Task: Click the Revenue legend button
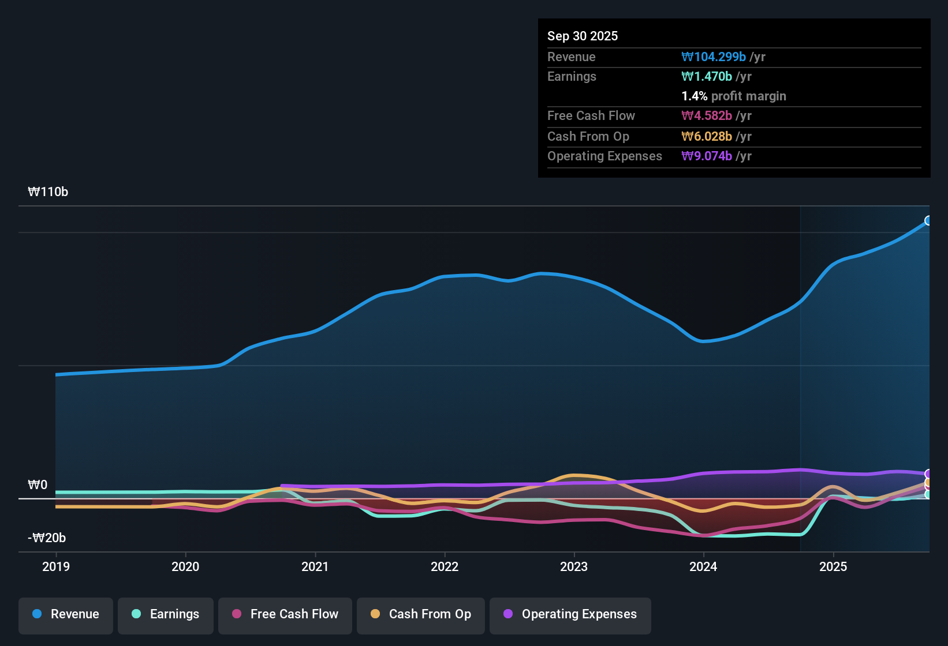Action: click(66, 614)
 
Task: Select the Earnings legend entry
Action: click(166, 614)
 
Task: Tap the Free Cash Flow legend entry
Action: click(285, 614)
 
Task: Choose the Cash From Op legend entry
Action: click(421, 614)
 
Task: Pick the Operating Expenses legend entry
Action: click(570, 614)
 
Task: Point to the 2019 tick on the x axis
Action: click(56, 566)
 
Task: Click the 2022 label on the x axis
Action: click(445, 566)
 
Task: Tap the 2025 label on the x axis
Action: click(833, 566)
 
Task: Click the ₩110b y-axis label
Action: click(48, 192)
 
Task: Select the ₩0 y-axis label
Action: click(38, 484)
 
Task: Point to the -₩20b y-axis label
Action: click(47, 538)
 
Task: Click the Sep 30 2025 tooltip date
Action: click(582, 36)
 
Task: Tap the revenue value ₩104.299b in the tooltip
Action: click(714, 57)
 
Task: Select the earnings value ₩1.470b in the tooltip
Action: click(707, 76)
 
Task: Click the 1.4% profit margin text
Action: click(733, 96)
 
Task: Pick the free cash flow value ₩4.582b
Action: click(707, 115)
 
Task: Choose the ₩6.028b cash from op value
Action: click(707, 136)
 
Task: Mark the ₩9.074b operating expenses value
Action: click(707, 156)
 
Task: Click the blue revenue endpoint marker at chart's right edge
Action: click(928, 220)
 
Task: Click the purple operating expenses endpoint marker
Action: click(928, 474)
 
